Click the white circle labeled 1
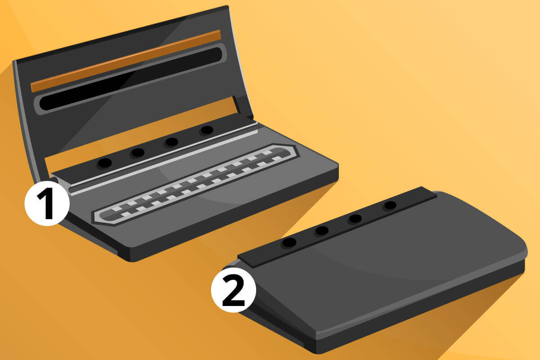point(47,203)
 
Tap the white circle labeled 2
point(234,290)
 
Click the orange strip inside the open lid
point(126,61)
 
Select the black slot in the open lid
point(130,79)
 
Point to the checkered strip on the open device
point(195,184)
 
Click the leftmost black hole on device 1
point(104,163)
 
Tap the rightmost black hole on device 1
point(207,130)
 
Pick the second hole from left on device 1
point(138,153)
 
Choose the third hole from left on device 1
point(171,142)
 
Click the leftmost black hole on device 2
point(289,243)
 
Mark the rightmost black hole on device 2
point(390,206)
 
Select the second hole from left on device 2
point(322,231)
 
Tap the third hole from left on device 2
point(355,219)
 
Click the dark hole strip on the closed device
point(337,227)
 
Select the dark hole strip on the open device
point(154,149)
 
